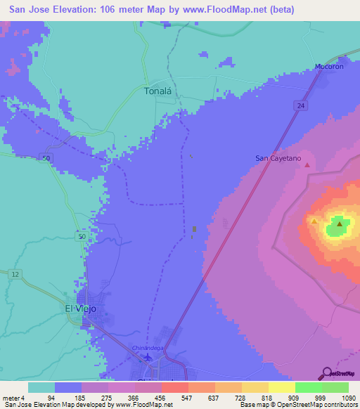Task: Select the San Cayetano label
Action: point(278,159)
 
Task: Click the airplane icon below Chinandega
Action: point(148,357)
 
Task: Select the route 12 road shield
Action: point(15,273)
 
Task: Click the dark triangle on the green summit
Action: point(340,224)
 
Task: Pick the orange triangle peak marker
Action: point(314,221)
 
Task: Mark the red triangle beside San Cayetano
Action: point(307,165)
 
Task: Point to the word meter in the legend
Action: point(10,397)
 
